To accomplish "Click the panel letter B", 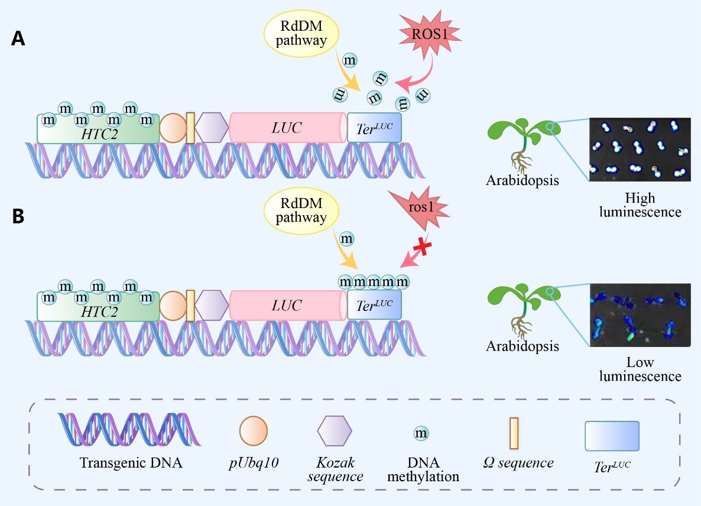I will coord(18,216).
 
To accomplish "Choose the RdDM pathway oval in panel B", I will coord(302,211).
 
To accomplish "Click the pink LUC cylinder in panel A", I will coord(287,128).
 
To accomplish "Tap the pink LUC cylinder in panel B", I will coord(287,306).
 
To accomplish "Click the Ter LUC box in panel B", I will coord(374,305).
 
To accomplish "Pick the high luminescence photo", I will coord(640,150).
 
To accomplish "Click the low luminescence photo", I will coord(640,314).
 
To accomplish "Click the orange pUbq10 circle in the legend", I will coord(253,431).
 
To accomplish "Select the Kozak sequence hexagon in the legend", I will coord(335,431).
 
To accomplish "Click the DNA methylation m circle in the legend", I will coord(421,434).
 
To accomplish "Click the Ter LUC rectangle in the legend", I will coord(612,436).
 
